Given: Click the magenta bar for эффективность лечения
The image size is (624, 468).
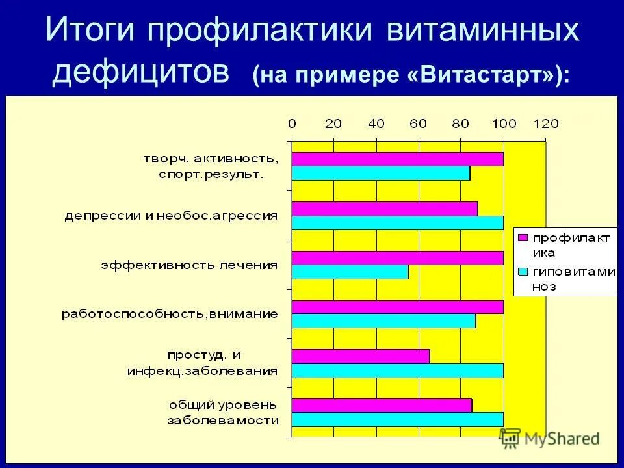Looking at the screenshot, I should pyautogui.click(x=397, y=258).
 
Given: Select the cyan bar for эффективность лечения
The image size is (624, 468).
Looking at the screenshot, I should pyautogui.click(x=350, y=272).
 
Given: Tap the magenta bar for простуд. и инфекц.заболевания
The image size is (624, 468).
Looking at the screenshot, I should pyautogui.click(x=360, y=356).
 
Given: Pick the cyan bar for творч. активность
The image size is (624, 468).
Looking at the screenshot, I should pyautogui.click(x=380, y=174).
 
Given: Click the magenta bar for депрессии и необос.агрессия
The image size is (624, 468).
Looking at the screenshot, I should pyautogui.click(x=384, y=209).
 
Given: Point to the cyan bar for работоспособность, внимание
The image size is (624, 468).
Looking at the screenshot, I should pyautogui.click(x=383, y=321).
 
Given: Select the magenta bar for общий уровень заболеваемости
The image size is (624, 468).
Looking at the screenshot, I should pyautogui.click(x=382, y=406).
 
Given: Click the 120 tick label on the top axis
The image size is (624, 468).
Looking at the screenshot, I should pyautogui.click(x=545, y=123).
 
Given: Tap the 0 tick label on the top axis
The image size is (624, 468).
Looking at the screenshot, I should pyautogui.click(x=292, y=123).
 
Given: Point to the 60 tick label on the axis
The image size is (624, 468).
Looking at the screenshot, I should pyautogui.click(x=419, y=123).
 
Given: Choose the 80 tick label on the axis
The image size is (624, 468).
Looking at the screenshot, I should pyautogui.click(x=461, y=123).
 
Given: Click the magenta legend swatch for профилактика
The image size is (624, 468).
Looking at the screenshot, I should pyautogui.click(x=523, y=238).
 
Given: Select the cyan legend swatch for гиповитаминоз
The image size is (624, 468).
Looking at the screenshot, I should pyautogui.click(x=523, y=272).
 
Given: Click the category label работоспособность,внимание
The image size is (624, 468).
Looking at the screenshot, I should pyautogui.click(x=170, y=314).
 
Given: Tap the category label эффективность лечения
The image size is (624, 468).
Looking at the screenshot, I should pyautogui.click(x=189, y=265).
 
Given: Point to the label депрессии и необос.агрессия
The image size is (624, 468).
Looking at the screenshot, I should pyautogui.click(x=171, y=216).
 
